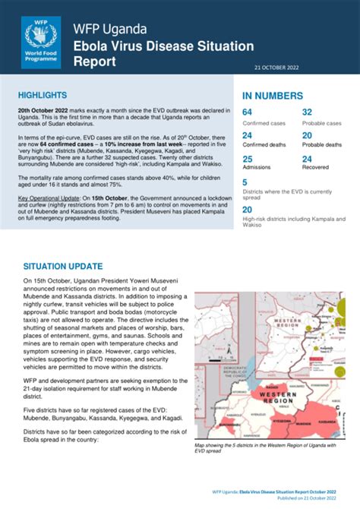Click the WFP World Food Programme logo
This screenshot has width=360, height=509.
[39, 44]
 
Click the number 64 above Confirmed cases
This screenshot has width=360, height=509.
[247, 112]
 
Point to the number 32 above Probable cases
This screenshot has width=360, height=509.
[307, 112]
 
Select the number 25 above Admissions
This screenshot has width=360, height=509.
[247, 159]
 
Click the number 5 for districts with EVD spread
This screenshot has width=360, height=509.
[245, 182]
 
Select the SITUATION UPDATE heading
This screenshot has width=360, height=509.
[63, 267]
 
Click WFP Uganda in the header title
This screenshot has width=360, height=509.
[110, 30]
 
